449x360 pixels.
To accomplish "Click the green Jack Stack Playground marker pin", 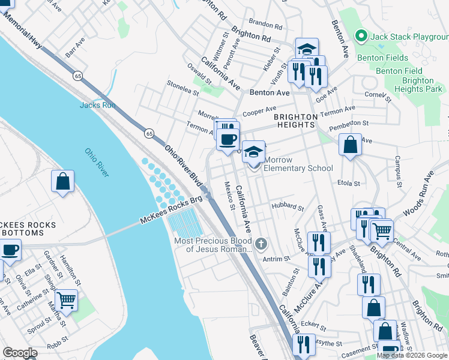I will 361,37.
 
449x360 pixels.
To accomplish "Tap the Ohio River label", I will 97,163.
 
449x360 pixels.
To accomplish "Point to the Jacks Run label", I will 97,105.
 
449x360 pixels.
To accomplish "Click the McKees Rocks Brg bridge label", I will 172,211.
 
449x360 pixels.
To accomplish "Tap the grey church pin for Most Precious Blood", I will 261,244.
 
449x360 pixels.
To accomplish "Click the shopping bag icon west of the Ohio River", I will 63,181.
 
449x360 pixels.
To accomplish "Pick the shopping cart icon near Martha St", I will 67,299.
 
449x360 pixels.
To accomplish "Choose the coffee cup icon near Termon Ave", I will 228,140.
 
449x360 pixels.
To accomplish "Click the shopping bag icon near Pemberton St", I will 350,145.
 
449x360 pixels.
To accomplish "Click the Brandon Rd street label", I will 265,26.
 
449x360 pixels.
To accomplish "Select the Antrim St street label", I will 276,259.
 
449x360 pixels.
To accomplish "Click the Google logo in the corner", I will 20,353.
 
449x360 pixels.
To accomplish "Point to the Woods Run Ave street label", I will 418,193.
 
